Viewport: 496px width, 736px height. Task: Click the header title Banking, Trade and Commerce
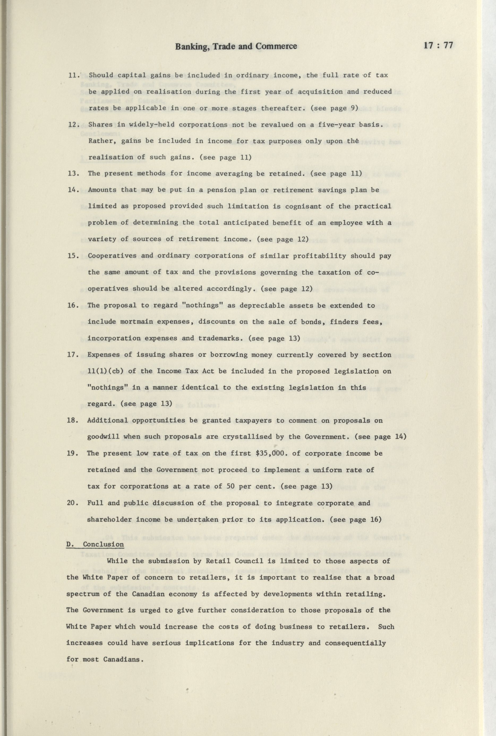(236, 46)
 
